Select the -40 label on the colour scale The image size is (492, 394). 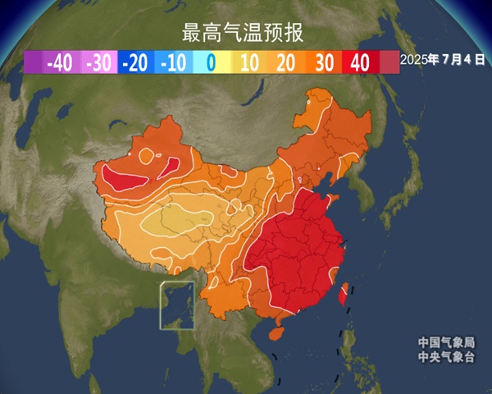[x=61, y=62]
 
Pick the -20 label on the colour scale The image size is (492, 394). [x=135, y=62]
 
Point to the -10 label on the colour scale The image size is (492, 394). [x=173, y=62]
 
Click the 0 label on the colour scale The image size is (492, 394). [x=211, y=62]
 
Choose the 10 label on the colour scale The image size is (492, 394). [x=249, y=62]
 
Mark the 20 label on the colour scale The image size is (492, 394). [x=286, y=62]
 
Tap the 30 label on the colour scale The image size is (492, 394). [x=324, y=62]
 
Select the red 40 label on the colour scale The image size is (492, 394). [x=361, y=62]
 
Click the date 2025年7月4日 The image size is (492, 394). [x=443, y=60]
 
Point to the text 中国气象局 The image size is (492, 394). [x=446, y=342]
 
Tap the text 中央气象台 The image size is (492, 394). [x=446, y=356]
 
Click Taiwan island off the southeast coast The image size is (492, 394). [x=345, y=292]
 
